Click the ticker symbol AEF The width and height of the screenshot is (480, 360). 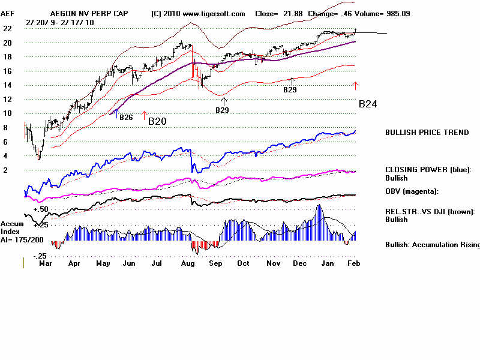click(8, 13)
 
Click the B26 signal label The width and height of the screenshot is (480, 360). click(125, 117)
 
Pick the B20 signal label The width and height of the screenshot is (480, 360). click(157, 121)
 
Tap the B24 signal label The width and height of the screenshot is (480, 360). click(368, 104)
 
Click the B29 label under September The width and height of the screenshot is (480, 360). click(223, 110)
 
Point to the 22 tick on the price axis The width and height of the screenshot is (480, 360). click(8, 28)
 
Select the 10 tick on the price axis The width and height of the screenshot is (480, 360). click(8, 113)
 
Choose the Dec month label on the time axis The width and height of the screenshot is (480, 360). click(299, 263)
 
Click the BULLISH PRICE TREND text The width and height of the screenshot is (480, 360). click(427, 133)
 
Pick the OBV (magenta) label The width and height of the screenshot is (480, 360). click(412, 191)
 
